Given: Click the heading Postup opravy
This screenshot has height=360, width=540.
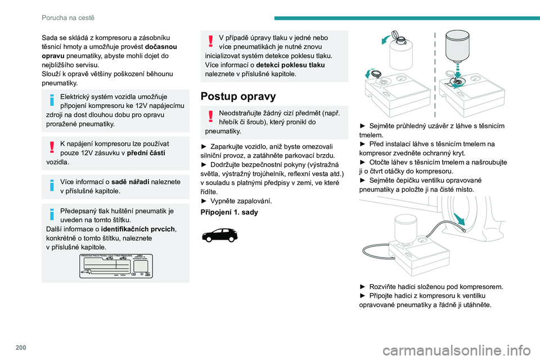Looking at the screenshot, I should point(238,96).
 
